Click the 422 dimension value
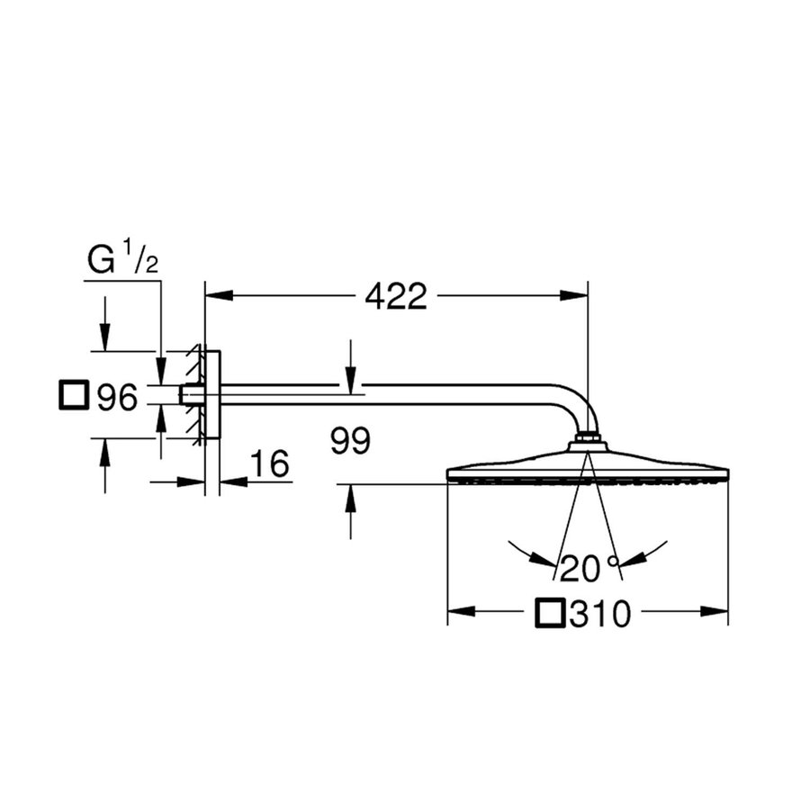[396, 296]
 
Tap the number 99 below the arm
[351, 442]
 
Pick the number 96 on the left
[117, 397]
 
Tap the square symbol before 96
[74, 396]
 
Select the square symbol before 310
[551, 615]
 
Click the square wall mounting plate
[212, 394]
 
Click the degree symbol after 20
[613, 562]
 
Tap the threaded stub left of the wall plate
[190, 394]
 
